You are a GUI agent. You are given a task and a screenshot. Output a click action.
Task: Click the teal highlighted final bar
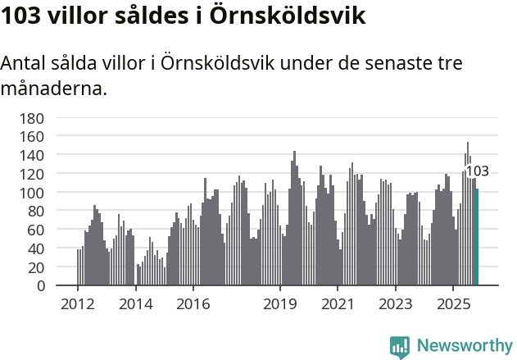[477, 237]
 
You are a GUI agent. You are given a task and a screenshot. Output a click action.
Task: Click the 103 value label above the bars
[477, 171]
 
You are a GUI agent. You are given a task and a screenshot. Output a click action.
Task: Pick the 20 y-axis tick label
[35, 267]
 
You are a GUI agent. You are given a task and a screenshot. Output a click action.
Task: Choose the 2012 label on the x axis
[78, 304]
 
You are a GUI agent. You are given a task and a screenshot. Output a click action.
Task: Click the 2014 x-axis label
[135, 304]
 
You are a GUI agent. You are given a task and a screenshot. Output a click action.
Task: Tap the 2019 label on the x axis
[279, 304]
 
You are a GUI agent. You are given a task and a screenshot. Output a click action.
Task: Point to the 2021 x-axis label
[337, 304]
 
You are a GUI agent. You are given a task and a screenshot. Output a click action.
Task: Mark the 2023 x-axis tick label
[395, 304]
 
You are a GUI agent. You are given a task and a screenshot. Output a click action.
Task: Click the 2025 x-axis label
[452, 304]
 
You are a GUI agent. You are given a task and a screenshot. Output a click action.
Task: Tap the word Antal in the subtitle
[25, 64]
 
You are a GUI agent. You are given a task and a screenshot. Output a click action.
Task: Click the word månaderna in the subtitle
[54, 88]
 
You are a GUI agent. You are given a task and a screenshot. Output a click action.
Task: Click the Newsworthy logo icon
[400, 346]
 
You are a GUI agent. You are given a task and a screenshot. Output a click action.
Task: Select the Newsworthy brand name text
[464, 346]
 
